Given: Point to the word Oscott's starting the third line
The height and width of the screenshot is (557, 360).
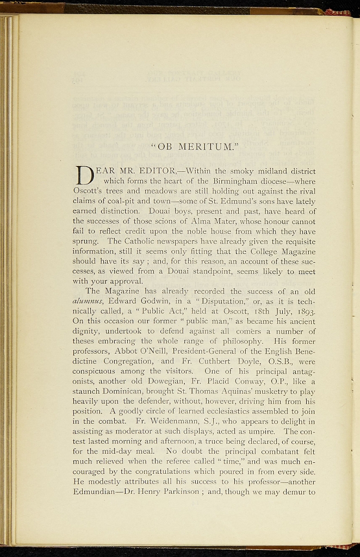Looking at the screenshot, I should pos(89,191).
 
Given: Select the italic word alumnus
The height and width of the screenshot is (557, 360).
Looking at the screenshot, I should pos(89,301).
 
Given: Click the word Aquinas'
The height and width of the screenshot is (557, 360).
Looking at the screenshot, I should pos(211,391).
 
